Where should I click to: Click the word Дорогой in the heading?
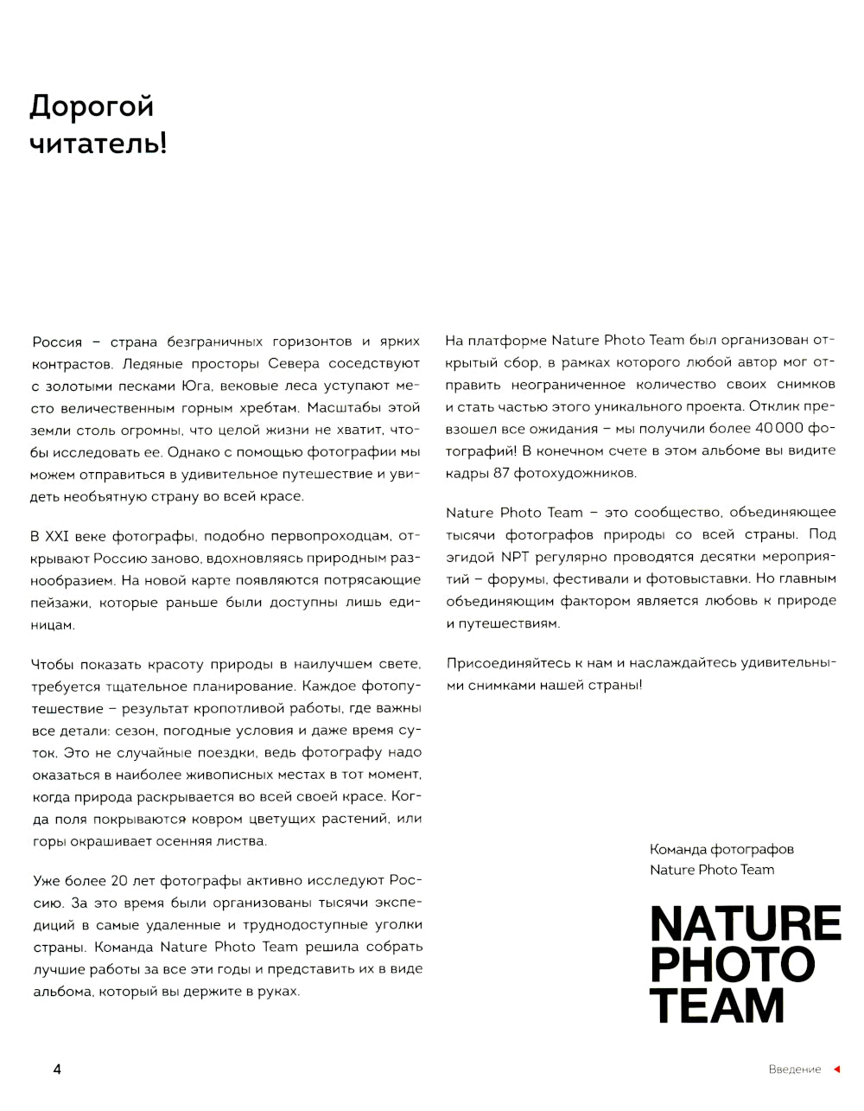click(x=92, y=107)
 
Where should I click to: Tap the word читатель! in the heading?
click(x=98, y=144)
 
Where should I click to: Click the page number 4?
click(x=57, y=1069)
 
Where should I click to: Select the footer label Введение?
click(x=794, y=1069)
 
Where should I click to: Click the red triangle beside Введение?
click(x=836, y=1069)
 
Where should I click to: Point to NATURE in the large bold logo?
click(x=745, y=924)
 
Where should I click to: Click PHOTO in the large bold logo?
click(x=732, y=965)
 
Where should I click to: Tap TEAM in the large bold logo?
click(x=716, y=1006)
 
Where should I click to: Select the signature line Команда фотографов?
click(x=721, y=849)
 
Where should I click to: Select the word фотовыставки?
click(x=697, y=578)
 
